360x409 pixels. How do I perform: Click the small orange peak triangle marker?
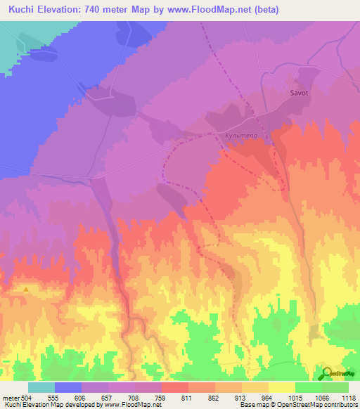coord(27,289)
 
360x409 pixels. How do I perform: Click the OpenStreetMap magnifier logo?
coord(328,374)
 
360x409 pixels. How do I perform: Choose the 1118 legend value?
coord(349,397)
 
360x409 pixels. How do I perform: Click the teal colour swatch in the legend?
coord(41,387)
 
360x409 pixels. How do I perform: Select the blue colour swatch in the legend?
coord(67,387)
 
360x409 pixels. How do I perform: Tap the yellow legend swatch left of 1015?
coord(281,387)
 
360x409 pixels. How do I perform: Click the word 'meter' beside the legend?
coord(10,397)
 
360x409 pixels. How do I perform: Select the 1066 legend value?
coord(322,397)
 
